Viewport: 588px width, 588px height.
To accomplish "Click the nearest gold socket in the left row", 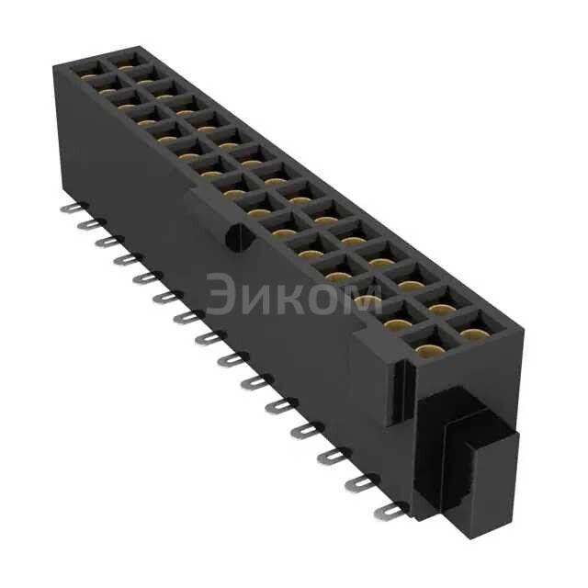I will pyautogui.click(x=425, y=349).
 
